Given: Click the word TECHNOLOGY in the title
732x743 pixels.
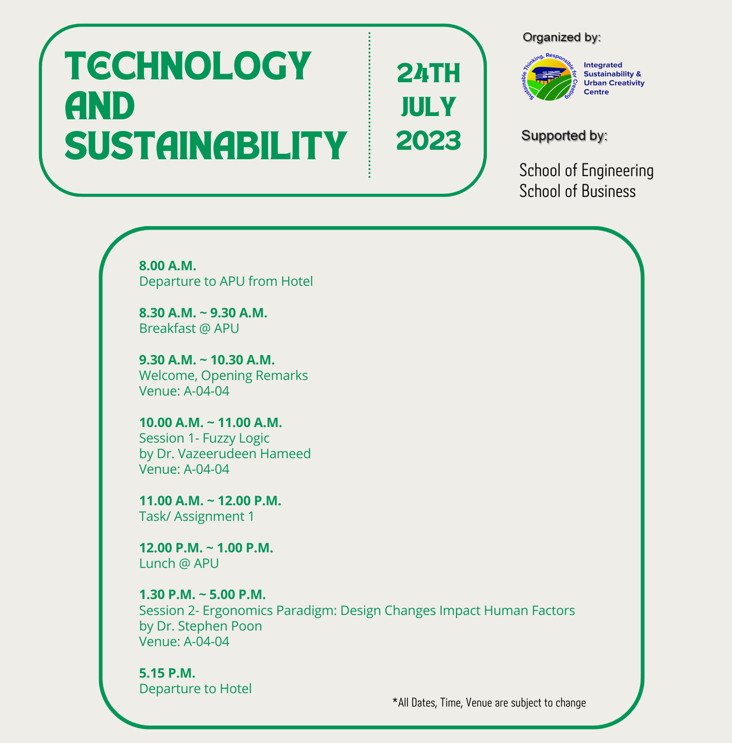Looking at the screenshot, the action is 188,66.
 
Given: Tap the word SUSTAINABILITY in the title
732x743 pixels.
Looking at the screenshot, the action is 206,145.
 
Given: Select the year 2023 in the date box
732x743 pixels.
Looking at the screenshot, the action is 428,140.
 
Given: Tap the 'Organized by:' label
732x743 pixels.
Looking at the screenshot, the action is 561,37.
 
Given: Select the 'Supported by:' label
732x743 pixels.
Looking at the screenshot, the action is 564,135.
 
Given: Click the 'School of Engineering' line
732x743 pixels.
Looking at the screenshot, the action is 586,170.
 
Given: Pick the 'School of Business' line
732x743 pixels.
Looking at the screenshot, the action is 578,191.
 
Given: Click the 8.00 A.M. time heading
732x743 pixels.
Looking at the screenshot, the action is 168,266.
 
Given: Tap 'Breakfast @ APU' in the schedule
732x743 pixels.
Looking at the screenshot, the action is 189,328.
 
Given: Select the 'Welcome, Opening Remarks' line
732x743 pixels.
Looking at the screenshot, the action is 223,375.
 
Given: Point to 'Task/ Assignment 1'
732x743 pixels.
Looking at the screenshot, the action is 197,516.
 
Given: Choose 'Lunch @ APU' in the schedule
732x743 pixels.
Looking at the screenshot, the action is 179,563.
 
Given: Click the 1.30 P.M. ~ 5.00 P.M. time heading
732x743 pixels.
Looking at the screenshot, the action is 202,594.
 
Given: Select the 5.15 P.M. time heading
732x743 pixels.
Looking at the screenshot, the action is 167,673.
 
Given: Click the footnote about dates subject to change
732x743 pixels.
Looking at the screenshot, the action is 489,702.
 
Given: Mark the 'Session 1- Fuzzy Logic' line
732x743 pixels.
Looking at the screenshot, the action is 204,438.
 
